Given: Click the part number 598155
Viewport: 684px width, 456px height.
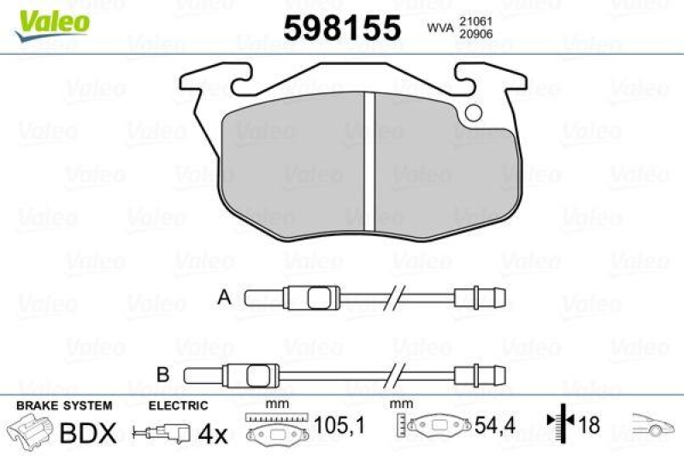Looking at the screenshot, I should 342,28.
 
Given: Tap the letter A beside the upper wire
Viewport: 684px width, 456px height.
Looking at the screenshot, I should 225,298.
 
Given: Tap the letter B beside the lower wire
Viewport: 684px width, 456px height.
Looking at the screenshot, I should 163,373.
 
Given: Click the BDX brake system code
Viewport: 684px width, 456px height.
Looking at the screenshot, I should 87,431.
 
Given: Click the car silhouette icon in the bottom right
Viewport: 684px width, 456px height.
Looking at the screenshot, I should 654,424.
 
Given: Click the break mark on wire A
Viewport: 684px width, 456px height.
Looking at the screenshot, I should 395,298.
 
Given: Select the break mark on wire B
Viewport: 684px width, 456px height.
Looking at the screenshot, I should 395,374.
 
